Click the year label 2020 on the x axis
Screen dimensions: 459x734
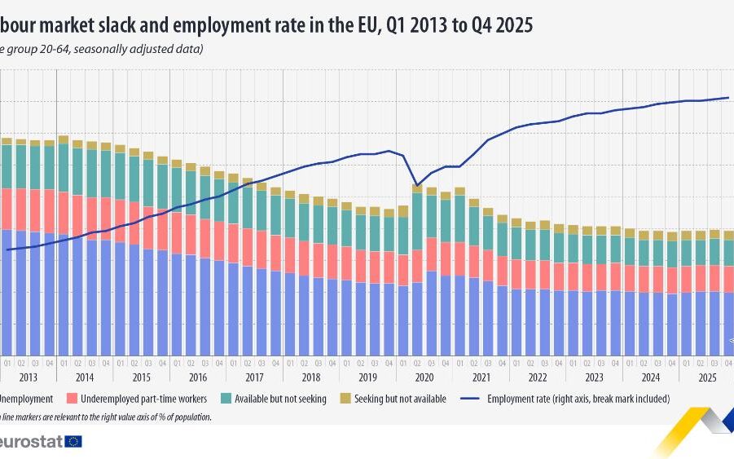click(x=424, y=377)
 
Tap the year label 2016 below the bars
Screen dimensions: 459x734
click(x=198, y=377)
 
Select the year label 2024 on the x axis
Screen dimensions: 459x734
click(x=651, y=377)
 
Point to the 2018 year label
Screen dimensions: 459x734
click(x=311, y=377)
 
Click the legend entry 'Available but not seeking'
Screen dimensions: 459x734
click(x=280, y=399)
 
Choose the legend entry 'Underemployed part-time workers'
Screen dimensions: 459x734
click(x=141, y=399)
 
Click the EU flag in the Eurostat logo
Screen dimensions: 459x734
click(x=73, y=441)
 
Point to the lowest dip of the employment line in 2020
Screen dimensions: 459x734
click(x=417, y=185)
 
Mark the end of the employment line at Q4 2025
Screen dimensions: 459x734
click(x=728, y=98)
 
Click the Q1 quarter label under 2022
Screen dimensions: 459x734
click(x=516, y=363)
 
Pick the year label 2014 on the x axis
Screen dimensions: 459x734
click(x=85, y=377)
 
